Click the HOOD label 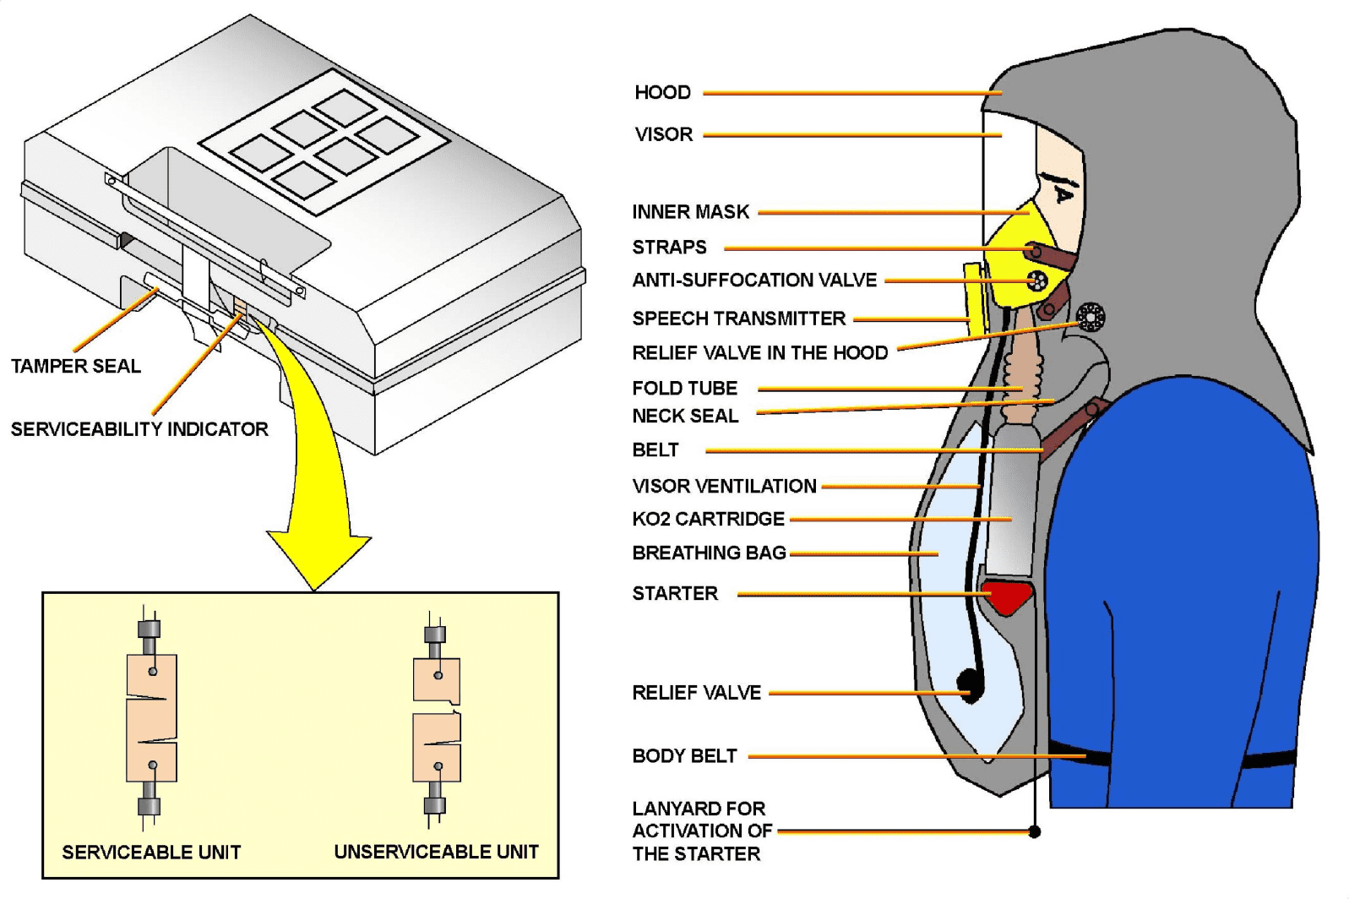pyautogui.click(x=662, y=92)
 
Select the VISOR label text pyautogui.click(x=664, y=134)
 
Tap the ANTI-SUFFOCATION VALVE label pyautogui.click(x=754, y=280)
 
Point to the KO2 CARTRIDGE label pyautogui.click(x=708, y=519)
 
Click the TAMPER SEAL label pyautogui.click(x=76, y=366)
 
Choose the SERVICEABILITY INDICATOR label pyautogui.click(x=139, y=429)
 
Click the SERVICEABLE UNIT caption pyautogui.click(x=151, y=852)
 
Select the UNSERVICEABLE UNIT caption pyautogui.click(x=436, y=852)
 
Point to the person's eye pyautogui.click(x=1062, y=195)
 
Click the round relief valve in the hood pyautogui.click(x=1091, y=317)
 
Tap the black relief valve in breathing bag pyautogui.click(x=971, y=683)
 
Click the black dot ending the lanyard pyautogui.click(x=1034, y=831)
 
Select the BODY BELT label pyautogui.click(x=684, y=756)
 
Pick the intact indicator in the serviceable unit pyautogui.click(x=151, y=718)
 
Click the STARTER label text pyautogui.click(x=675, y=593)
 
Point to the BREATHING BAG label pyautogui.click(x=709, y=553)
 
